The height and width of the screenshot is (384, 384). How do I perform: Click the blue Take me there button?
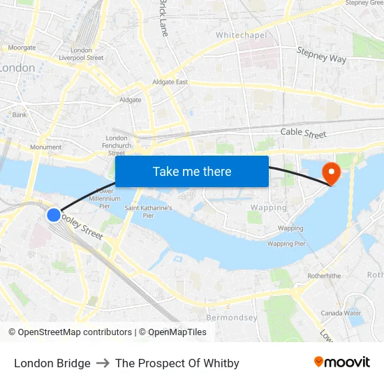[x=192, y=171]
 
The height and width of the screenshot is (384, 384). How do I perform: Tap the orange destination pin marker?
[x=329, y=172]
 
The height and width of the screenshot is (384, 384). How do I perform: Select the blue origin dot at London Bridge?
[x=54, y=214]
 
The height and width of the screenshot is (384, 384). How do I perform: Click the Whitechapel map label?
[x=241, y=35]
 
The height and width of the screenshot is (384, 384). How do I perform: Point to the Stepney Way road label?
[x=321, y=55]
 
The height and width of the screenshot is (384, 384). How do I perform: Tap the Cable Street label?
[x=303, y=133]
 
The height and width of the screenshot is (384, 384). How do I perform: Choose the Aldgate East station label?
[x=170, y=82]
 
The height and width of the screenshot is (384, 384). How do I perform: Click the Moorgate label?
[x=22, y=47]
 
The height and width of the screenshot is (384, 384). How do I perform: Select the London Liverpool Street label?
[x=81, y=54]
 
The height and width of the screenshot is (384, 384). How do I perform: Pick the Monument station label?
[x=45, y=147]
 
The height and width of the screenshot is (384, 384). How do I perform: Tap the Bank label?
[x=20, y=115]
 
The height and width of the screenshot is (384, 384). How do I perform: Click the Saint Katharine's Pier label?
[x=148, y=212]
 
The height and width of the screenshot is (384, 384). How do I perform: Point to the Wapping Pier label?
[x=286, y=244]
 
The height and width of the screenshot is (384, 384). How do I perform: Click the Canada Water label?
[x=341, y=313]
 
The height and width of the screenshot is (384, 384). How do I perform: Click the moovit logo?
[x=341, y=362]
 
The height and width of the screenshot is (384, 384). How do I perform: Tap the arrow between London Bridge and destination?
[x=103, y=363]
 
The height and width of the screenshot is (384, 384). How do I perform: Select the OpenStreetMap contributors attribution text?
[x=74, y=332]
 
